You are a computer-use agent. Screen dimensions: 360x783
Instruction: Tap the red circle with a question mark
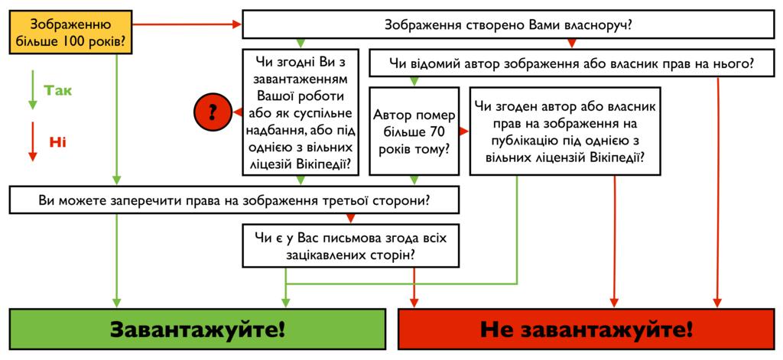pos(213,112)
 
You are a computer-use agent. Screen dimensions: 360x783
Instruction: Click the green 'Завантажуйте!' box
pos(197,330)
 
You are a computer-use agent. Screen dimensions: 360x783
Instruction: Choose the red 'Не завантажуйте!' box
pos(586,330)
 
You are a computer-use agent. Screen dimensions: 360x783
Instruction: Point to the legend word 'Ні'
pos(58,141)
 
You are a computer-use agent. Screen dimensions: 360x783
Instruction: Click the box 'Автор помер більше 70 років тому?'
pos(414,131)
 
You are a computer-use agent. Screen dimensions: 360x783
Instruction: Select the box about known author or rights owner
pos(571,64)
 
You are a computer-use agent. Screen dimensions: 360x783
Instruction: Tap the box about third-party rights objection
pos(233,201)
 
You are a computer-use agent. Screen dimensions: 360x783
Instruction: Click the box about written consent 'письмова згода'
pos(351,245)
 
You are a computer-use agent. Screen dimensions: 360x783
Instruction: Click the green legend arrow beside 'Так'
pos(32,90)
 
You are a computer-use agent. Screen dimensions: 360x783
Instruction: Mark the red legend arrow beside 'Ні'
pos(32,141)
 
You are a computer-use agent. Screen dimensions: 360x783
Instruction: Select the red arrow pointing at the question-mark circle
pos(236,112)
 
